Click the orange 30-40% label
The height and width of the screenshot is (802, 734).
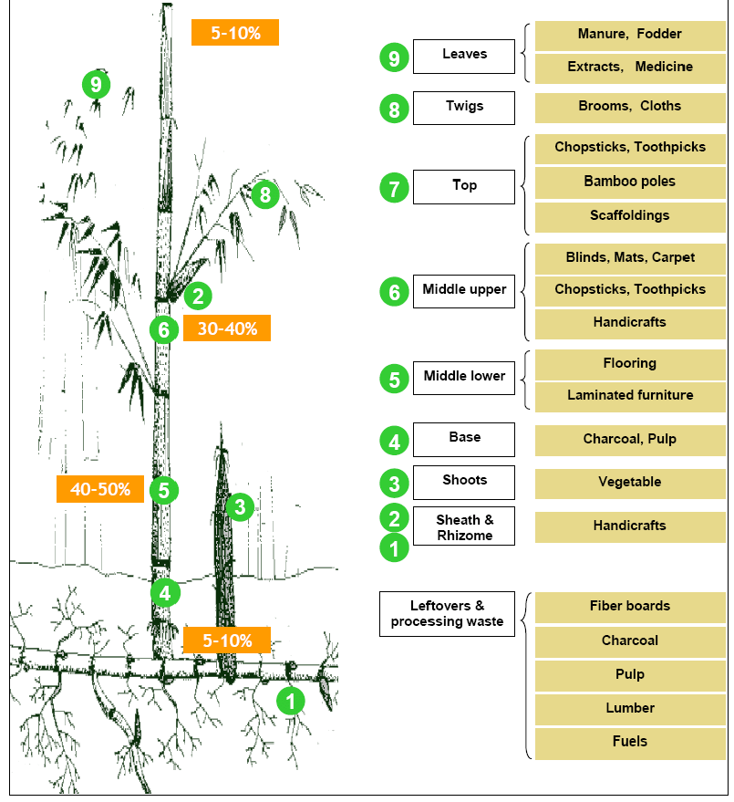tap(227, 328)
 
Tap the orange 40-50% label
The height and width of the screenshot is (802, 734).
tap(100, 489)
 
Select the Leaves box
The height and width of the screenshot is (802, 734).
tap(464, 56)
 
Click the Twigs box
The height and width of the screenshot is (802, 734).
tap(464, 108)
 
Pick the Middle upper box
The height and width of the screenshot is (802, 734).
tap(464, 290)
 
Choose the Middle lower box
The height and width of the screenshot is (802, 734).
tap(464, 377)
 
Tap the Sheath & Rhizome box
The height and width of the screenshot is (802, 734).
tap(464, 526)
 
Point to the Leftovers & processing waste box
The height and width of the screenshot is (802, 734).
tap(447, 614)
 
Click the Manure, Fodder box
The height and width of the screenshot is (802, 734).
tap(630, 35)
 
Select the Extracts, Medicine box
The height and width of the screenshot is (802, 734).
tap(630, 68)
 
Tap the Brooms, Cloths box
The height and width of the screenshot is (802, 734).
tap(630, 107)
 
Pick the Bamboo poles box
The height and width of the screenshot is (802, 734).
tap(630, 182)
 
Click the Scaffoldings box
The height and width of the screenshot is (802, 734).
tap(630, 216)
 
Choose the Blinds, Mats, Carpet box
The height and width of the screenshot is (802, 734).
tap(630, 258)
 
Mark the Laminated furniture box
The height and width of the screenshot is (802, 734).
tap(630, 396)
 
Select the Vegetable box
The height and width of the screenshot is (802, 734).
tap(630, 483)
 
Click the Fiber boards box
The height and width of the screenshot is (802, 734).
tap(630, 607)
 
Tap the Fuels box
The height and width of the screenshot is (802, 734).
tap(630, 742)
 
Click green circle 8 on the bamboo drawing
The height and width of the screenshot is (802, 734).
tap(264, 194)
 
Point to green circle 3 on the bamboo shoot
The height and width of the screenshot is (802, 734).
tap(240, 506)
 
